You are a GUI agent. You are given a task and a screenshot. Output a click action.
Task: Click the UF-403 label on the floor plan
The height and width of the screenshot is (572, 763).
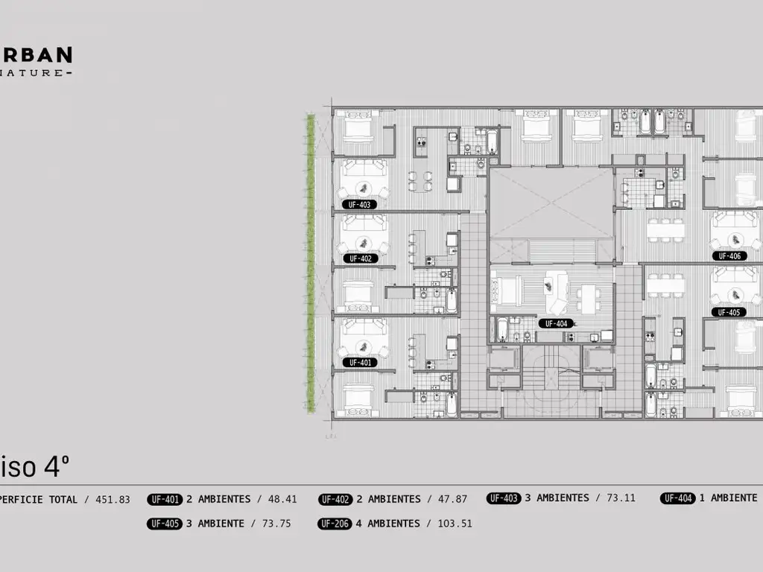(x=359, y=204)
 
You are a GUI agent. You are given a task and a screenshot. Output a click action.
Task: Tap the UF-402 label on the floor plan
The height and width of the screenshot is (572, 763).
(x=359, y=258)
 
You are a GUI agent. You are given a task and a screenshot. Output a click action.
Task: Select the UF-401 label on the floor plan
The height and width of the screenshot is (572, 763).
(x=359, y=362)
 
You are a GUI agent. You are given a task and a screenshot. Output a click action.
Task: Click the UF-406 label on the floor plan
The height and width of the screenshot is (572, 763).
(x=729, y=256)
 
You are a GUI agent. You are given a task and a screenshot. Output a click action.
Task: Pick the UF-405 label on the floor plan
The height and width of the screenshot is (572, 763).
(x=728, y=312)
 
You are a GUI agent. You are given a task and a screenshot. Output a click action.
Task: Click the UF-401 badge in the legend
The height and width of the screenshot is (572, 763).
(x=165, y=499)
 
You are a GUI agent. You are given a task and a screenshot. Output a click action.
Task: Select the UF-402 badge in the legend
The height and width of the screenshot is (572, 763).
(x=335, y=499)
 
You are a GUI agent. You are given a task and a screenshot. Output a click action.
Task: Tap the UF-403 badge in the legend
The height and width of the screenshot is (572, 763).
(x=504, y=498)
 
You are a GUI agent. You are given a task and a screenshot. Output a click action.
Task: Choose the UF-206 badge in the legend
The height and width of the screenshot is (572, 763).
(x=335, y=524)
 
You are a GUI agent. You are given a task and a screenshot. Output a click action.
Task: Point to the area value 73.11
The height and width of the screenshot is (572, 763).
(x=621, y=498)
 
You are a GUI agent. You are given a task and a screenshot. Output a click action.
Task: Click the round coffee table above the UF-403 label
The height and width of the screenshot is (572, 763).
(x=363, y=187)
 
